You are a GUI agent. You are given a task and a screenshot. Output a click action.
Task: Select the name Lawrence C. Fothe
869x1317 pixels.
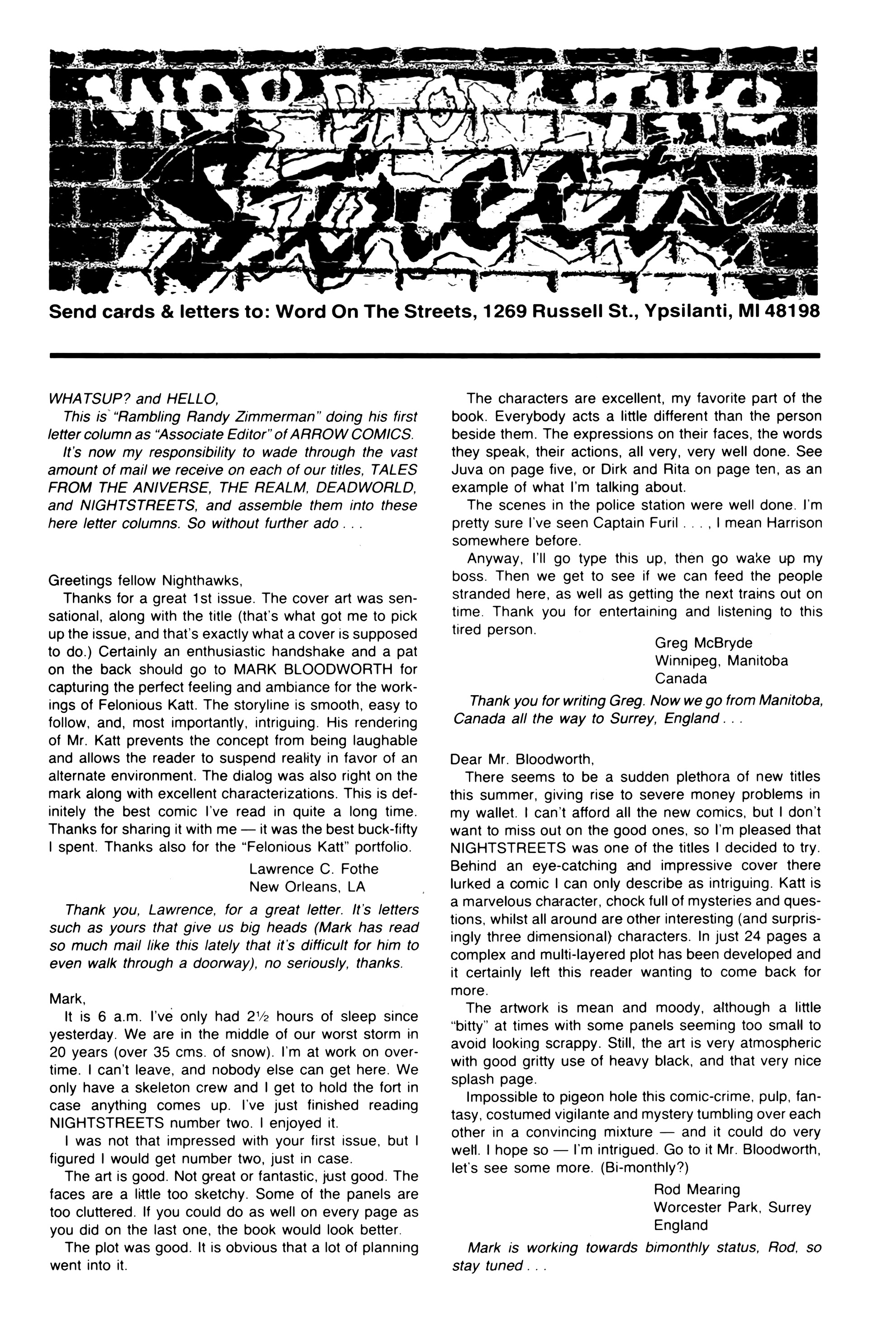click(x=314, y=869)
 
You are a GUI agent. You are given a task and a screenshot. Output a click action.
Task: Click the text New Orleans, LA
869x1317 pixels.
click(x=307, y=887)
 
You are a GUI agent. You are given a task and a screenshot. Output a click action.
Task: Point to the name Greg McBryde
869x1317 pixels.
click(x=703, y=643)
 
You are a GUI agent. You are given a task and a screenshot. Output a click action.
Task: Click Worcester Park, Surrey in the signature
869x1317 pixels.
click(x=732, y=1207)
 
